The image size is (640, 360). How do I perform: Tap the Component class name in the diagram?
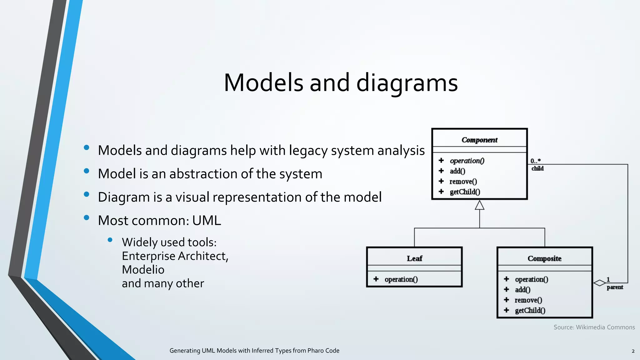(x=479, y=140)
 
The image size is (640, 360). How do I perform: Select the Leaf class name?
(x=414, y=258)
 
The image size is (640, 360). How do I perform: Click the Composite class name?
(x=544, y=258)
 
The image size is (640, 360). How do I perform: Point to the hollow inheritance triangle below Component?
(x=479, y=205)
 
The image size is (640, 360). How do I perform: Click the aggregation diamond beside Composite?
(x=599, y=283)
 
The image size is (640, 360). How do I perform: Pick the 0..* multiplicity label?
(x=535, y=161)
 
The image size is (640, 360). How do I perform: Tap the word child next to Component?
(x=537, y=168)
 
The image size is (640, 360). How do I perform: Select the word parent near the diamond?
(x=615, y=287)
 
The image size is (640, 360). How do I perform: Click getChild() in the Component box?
(x=465, y=192)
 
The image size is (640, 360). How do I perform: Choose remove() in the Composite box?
(x=528, y=300)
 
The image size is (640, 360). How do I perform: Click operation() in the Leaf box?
(x=401, y=279)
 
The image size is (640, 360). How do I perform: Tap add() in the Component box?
(x=457, y=171)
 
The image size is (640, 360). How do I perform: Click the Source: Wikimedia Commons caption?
(x=594, y=327)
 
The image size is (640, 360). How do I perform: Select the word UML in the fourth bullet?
(x=207, y=221)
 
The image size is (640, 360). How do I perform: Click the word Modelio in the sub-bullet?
(x=143, y=270)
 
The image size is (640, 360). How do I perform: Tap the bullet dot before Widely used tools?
(x=110, y=240)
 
